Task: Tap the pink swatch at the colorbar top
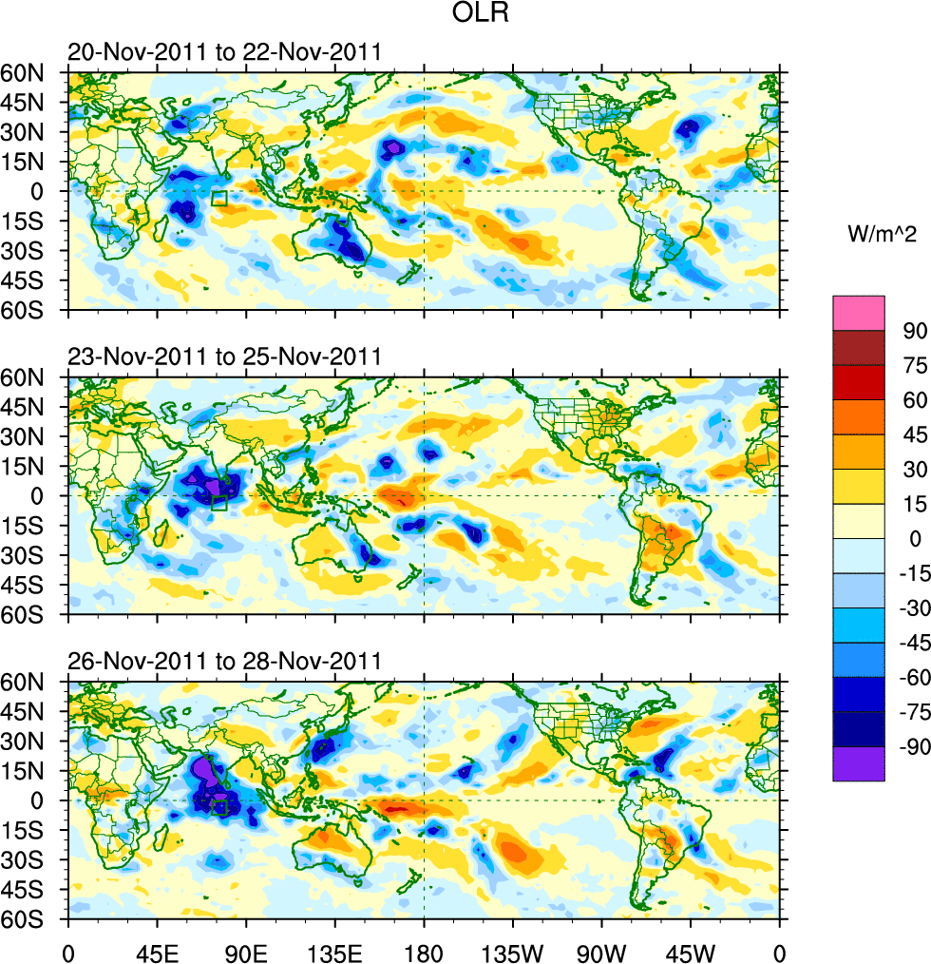click(859, 312)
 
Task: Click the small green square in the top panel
click(219, 198)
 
